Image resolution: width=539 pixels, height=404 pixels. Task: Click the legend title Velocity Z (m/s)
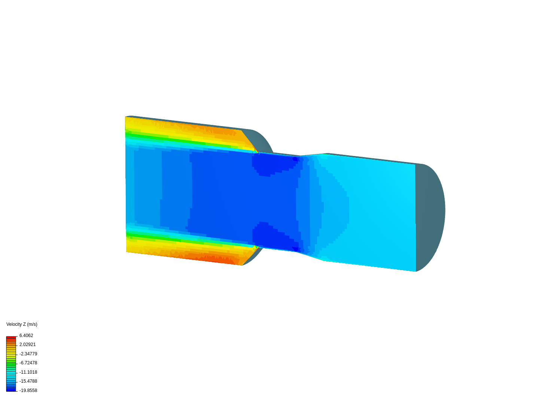(22, 324)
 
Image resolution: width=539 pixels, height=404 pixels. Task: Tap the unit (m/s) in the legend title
(32, 324)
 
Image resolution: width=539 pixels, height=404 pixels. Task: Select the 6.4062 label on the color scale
(26, 336)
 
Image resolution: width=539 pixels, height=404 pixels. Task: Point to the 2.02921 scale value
(27, 345)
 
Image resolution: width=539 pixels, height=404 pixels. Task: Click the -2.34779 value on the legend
(28, 354)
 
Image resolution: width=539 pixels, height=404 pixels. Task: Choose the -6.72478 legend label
(28, 363)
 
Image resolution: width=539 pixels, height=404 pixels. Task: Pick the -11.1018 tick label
(28, 372)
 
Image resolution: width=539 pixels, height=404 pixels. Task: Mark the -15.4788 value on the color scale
(28, 381)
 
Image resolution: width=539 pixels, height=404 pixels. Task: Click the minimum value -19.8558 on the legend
(28, 391)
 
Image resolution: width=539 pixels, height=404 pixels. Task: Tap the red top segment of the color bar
(11, 338)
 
